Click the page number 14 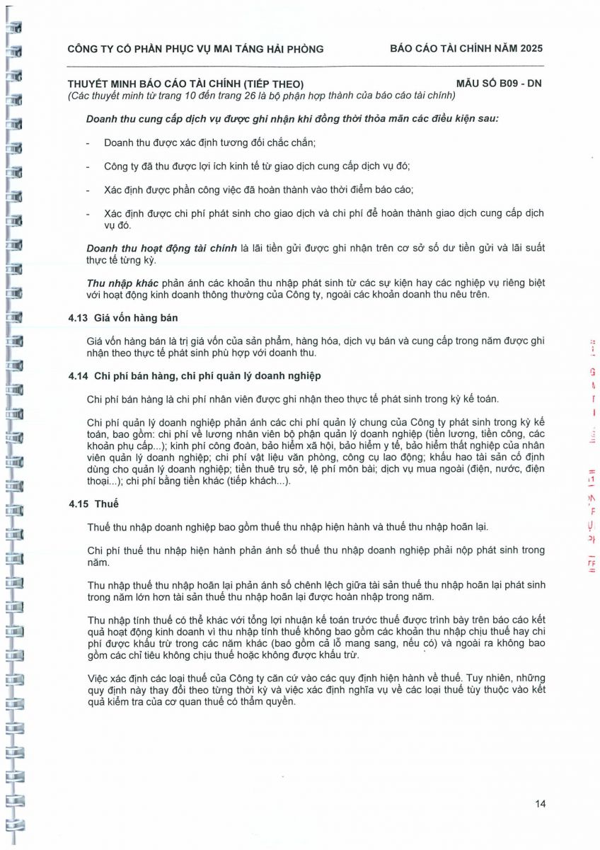[x=541, y=803]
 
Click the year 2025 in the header [x=531, y=49]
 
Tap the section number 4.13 [x=78, y=318]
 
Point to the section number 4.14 [x=78, y=375]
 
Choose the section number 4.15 [x=78, y=504]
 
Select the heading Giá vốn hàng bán [x=136, y=318]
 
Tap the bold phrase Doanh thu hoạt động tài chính [x=162, y=248]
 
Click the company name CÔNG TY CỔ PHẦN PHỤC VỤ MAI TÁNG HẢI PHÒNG [x=195, y=49]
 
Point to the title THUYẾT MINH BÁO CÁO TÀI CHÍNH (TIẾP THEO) [x=185, y=84]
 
